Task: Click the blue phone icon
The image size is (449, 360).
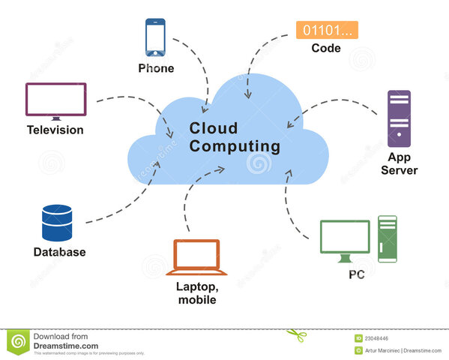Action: [x=155, y=37]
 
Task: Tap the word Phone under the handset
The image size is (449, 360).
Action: [x=156, y=68]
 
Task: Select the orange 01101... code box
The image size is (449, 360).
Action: [x=327, y=30]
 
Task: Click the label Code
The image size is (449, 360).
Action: [x=326, y=49]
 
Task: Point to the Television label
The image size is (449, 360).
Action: [x=55, y=130]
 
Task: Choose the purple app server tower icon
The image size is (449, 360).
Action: [x=399, y=118]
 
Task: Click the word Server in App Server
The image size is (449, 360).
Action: [x=399, y=170]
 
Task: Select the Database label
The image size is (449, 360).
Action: [x=59, y=253]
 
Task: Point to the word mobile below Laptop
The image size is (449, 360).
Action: [x=197, y=300]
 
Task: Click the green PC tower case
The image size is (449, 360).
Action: [x=387, y=238]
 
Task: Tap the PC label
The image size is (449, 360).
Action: [x=357, y=275]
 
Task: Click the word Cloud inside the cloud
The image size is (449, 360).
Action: [x=214, y=127]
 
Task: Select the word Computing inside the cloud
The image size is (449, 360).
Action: [x=235, y=145]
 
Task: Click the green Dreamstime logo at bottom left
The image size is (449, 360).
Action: [x=18, y=342]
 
